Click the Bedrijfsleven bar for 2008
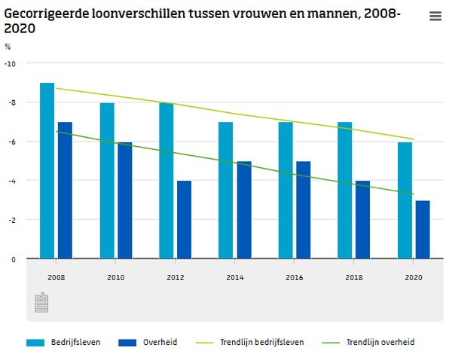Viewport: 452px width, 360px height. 47,171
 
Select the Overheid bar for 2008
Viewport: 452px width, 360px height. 65,191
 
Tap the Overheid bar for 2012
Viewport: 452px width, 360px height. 184,220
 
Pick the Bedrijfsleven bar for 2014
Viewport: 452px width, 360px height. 225,191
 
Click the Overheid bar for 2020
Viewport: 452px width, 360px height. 422,230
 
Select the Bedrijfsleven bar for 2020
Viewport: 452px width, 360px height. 405,200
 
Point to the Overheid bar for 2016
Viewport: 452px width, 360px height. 303,210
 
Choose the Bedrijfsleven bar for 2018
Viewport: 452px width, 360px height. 345,191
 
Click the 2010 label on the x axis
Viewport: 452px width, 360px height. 115,277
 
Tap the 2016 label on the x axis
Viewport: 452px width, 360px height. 294,277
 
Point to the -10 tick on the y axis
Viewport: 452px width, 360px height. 10,63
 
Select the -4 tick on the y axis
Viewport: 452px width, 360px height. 11,181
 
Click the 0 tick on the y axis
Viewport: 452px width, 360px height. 13,259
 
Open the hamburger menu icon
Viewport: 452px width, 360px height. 435,17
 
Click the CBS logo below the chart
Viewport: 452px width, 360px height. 41,303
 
